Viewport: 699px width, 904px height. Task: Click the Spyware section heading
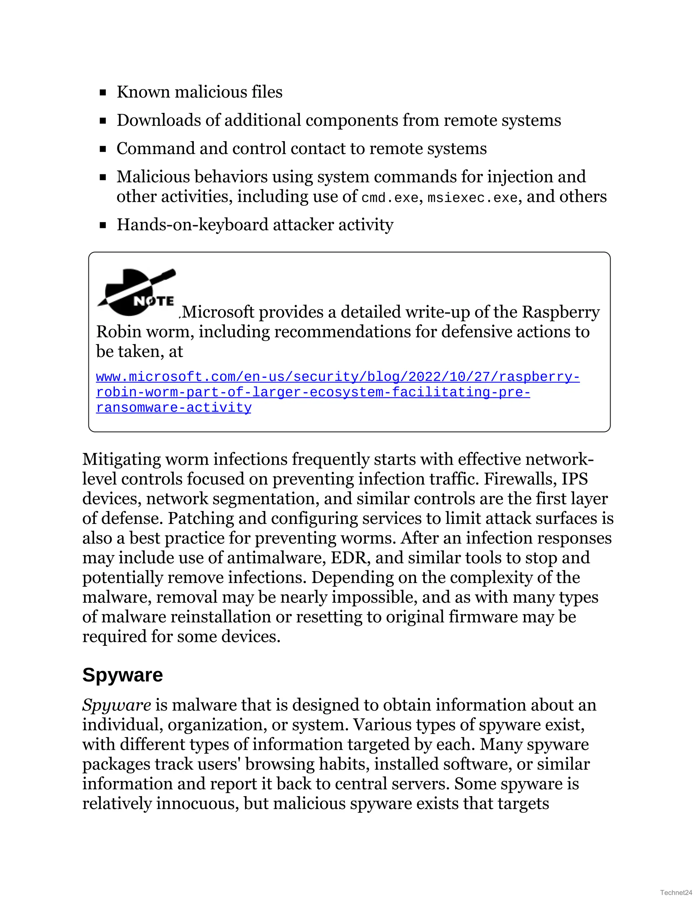click(x=122, y=675)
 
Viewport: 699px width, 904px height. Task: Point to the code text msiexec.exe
click(x=472, y=198)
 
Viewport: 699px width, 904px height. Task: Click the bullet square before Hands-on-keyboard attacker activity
click(x=103, y=225)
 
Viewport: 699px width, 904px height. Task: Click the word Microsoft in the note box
click(x=218, y=312)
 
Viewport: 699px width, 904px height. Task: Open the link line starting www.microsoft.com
click(x=338, y=377)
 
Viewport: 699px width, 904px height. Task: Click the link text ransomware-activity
click(x=173, y=408)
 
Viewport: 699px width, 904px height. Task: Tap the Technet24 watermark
click(x=676, y=892)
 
